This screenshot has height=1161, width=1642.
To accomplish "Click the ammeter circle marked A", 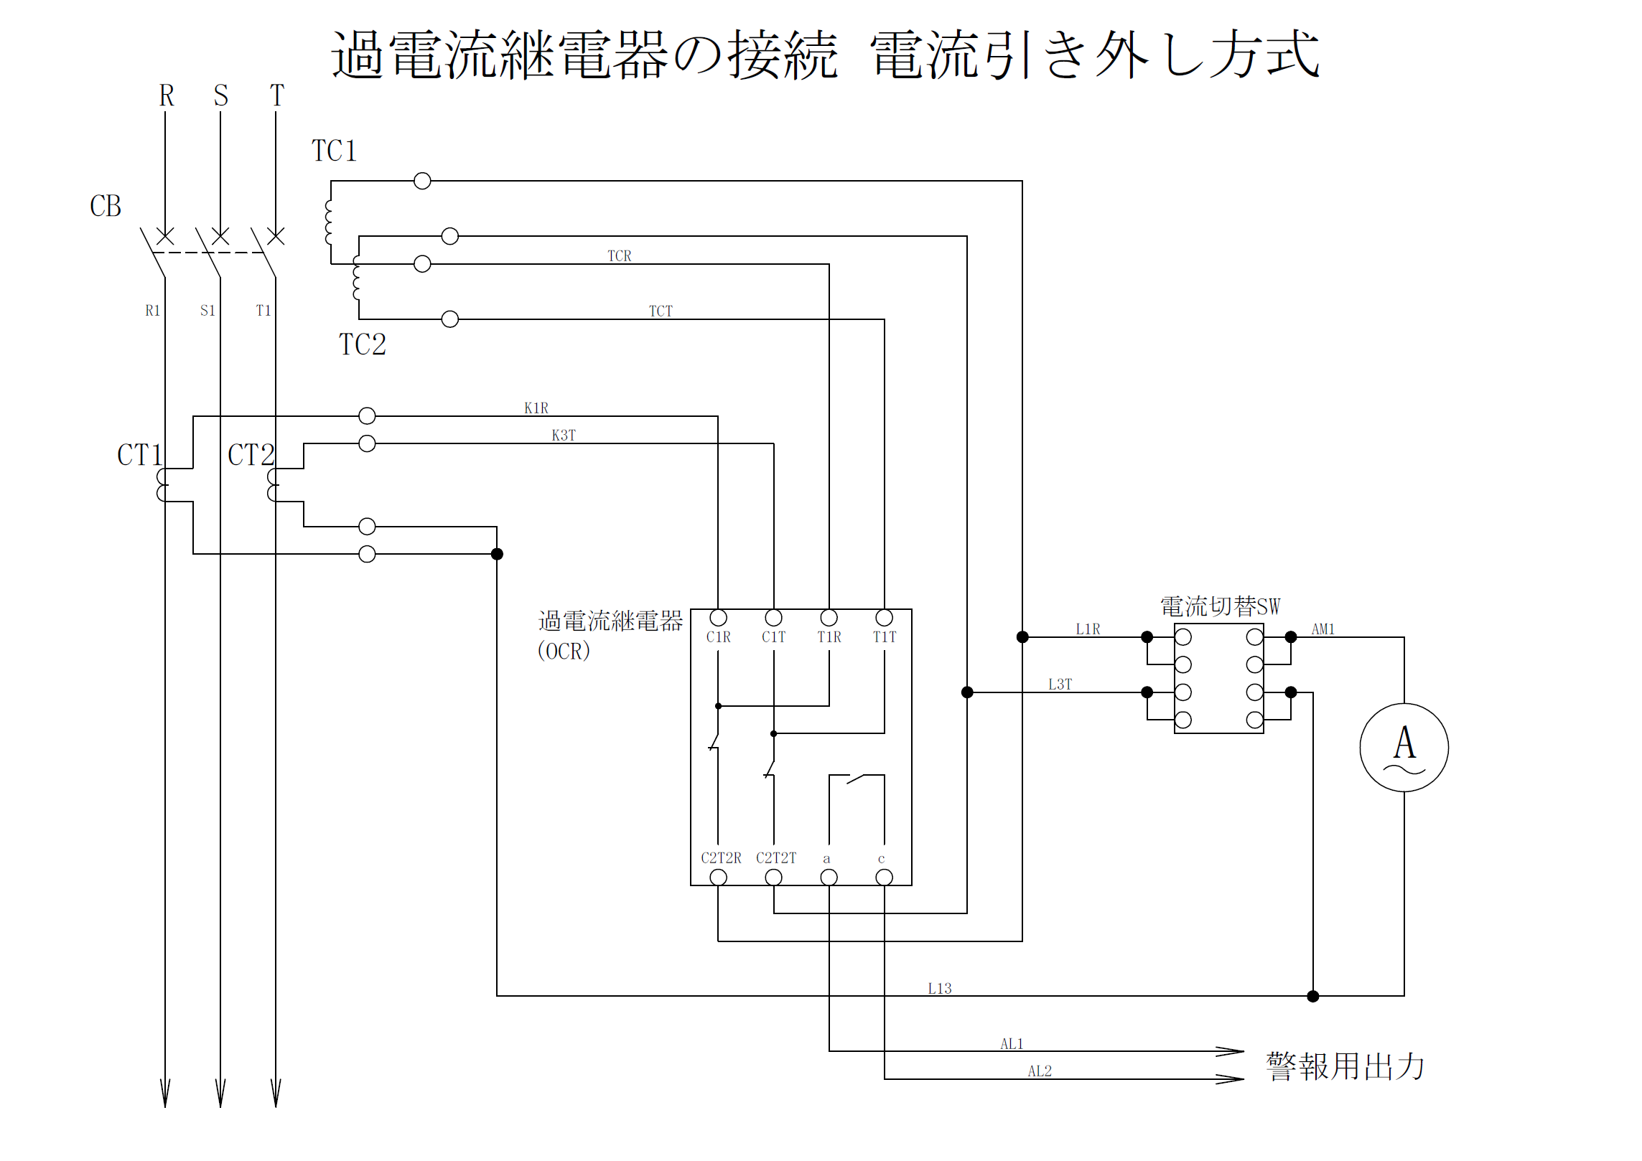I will (1404, 747).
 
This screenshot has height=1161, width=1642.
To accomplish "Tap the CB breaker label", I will (105, 207).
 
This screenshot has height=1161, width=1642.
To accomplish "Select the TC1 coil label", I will (334, 151).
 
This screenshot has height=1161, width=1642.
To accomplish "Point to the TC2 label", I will (363, 344).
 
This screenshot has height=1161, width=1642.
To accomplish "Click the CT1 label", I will (139, 455).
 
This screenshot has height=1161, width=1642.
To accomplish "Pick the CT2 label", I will (251, 455).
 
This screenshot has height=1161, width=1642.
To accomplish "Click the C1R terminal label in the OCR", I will (718, 637).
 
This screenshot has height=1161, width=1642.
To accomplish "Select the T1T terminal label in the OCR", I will (885, 637).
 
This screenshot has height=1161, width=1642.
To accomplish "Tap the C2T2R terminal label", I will (720, 858).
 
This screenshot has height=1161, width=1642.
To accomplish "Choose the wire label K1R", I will (536, 408).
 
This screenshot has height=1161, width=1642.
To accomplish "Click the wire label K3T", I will (564, 436).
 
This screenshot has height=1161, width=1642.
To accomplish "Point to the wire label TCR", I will (620, 256).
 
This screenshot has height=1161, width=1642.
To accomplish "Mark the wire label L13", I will (940, 989).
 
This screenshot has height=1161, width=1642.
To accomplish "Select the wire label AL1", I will (1012, 1044).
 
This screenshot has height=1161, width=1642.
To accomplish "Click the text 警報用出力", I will (1345, 1066).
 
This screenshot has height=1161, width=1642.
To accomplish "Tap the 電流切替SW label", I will (1220, 607).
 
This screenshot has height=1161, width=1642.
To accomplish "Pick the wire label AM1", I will (1323, 629).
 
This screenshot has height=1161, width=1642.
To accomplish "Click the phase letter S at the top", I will (220, 95).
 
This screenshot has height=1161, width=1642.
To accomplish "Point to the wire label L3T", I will (1060, 685).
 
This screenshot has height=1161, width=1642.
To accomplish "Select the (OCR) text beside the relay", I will (564, 651).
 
